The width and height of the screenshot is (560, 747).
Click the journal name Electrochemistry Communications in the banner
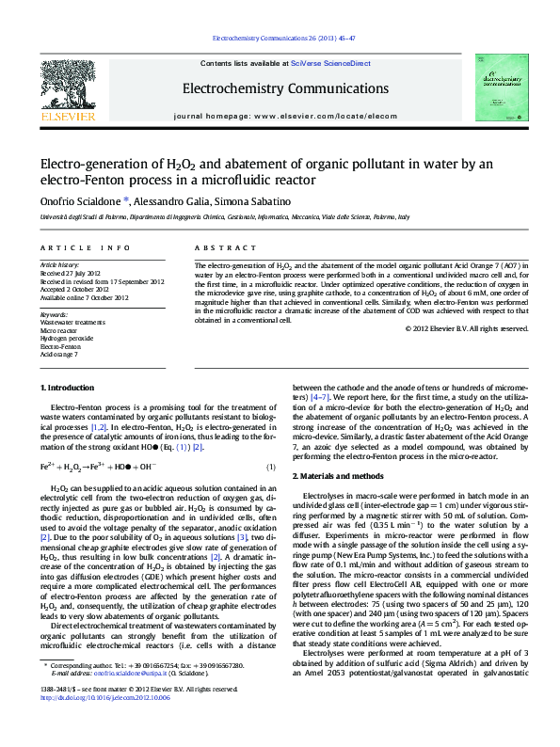pyautogui.click(x=279, y=88)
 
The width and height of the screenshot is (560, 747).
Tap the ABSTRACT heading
pyautogui.click(x=217, y=247)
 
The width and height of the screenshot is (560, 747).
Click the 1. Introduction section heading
pyautogui.click(x=68, y=388)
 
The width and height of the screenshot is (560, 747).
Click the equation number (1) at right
pyautogui.click(x=270, y=467)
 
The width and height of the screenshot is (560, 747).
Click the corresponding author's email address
pyautogui.click(x=124, y=700)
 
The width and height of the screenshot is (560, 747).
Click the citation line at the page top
pyautogui.click(x=279, y=40)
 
